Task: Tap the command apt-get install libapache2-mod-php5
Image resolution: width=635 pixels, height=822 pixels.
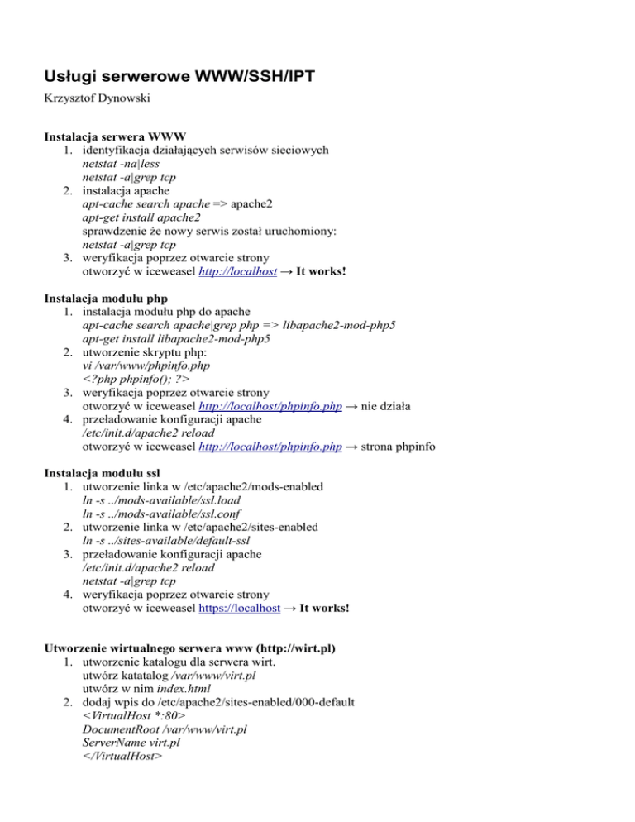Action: coord(176,339)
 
